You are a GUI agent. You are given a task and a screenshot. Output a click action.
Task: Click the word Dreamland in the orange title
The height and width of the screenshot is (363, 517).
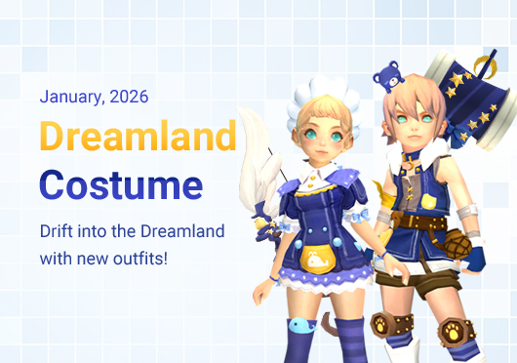pyautogui.click(x=138, y=137)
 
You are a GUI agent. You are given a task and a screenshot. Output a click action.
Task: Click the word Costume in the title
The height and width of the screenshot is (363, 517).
pyautogui.click(x=121, y=184)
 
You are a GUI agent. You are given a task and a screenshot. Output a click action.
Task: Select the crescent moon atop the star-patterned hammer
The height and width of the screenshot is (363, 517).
pyautogui.click(x=480, y=66)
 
